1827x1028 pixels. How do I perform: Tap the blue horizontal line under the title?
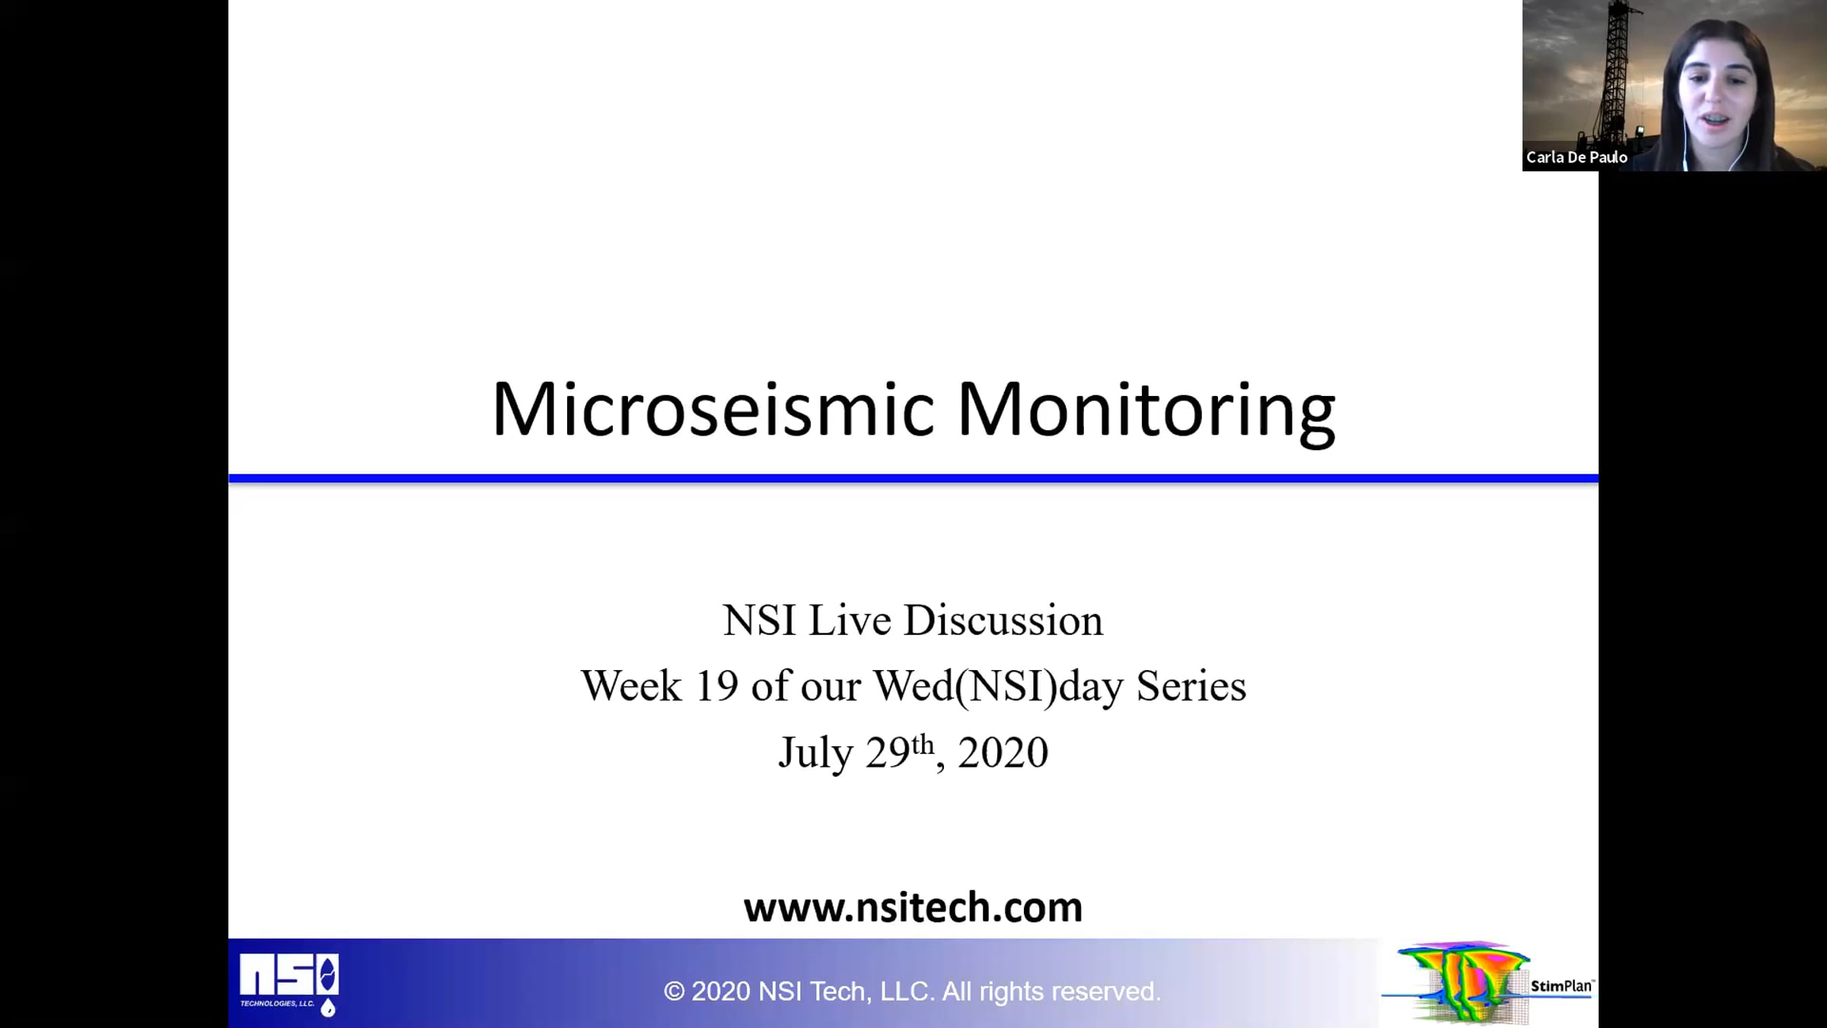coord(913,478)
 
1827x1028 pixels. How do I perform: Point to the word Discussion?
coord(1003,620)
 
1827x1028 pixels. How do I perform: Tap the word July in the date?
coord(815,753)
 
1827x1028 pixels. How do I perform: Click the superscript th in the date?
coord(923,744)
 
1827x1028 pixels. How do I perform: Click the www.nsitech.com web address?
coord(913,907)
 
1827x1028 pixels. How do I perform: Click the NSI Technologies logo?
coord(289,984)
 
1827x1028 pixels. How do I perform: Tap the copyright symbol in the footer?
coord(674,991)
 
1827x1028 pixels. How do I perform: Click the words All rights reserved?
coord(1051,991)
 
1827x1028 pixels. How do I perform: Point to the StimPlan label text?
coord(1561,986)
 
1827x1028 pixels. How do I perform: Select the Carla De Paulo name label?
coord(1577,158)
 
